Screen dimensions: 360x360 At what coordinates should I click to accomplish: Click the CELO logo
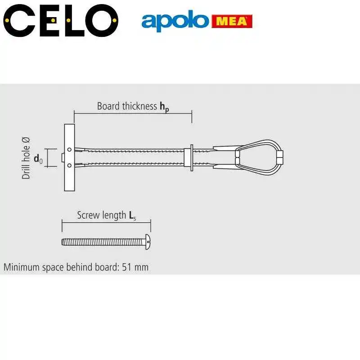[61, 20]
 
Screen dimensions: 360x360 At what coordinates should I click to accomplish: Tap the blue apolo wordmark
[175, 21]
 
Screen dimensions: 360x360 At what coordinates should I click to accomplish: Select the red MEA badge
[232, 21]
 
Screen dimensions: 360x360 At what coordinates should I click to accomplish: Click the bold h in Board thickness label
[162, 106]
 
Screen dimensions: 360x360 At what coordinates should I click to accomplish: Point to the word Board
[108, 106]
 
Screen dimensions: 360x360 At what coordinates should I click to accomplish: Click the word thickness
[139, 106]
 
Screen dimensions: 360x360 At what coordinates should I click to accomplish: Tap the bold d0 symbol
[38, 159]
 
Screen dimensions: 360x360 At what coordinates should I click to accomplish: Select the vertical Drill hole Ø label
[26, 158]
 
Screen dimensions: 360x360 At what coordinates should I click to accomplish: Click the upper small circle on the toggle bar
[69, 150]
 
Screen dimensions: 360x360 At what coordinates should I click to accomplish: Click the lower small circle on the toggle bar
[69, 165]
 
